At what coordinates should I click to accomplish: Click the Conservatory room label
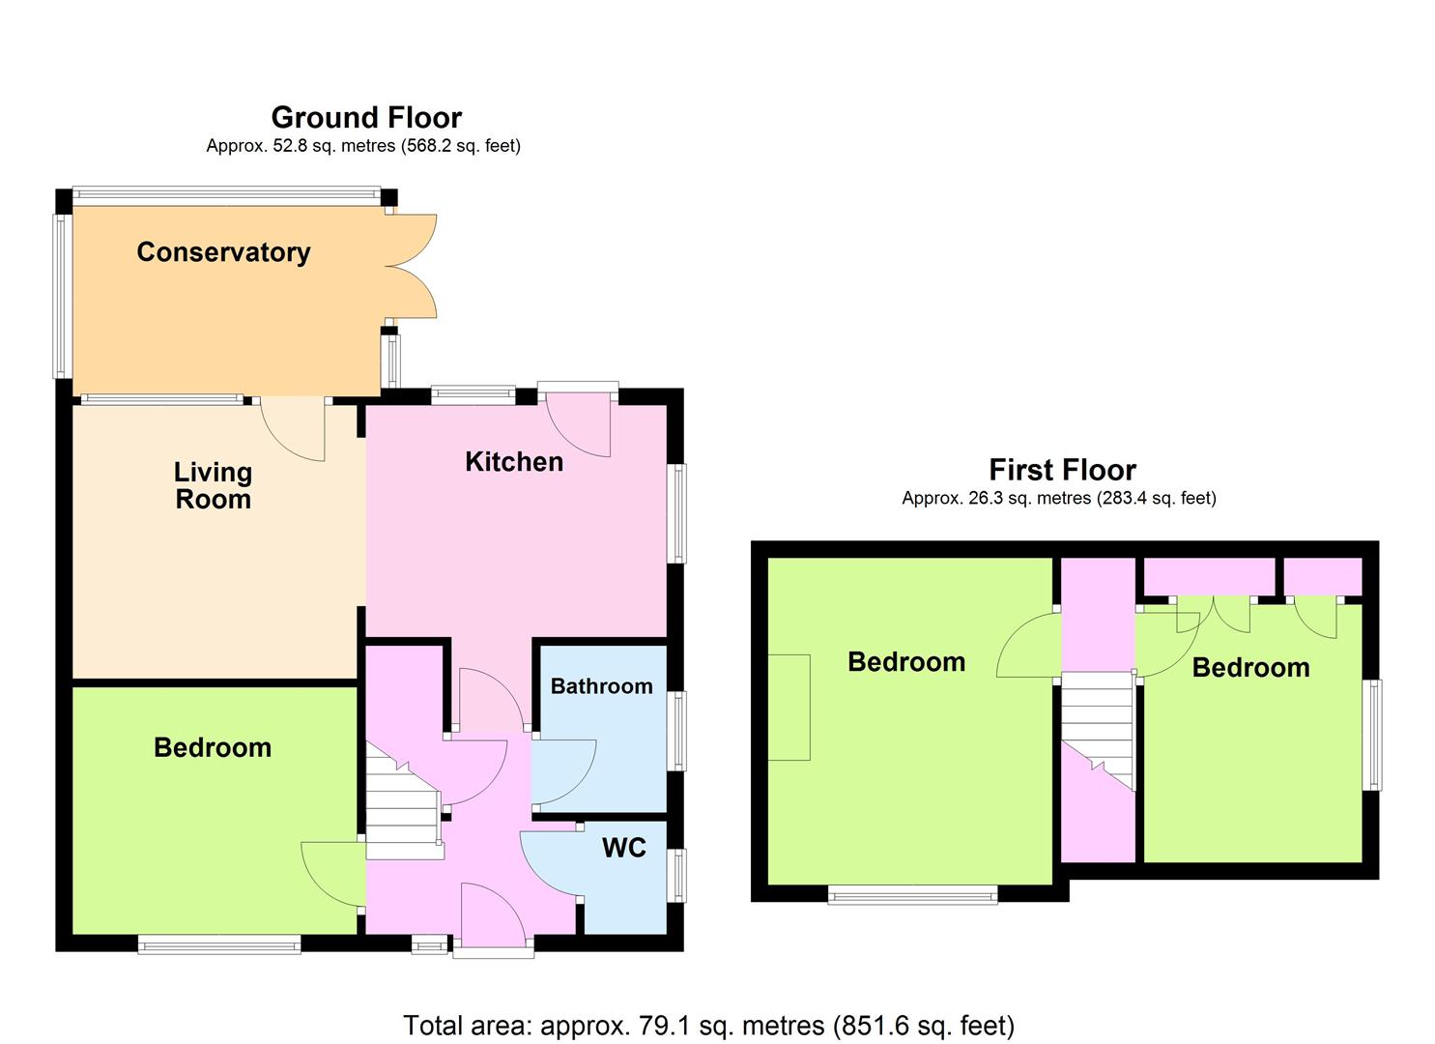(223, 252)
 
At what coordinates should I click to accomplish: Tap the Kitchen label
(514, 462)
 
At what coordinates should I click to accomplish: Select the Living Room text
(214, 486)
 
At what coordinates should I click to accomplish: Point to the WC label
(624, 848)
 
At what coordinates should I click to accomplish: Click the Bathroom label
(602, 685)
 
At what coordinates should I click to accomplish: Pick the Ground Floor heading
(366, 117)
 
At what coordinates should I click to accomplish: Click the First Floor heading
(1063, 470)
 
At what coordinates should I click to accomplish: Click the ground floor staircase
(404, 801)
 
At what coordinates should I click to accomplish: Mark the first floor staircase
(1098, 731)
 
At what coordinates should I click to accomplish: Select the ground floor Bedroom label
(213, 748)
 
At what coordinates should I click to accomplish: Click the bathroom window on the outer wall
(675, 730)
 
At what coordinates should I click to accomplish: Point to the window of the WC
(675, 876)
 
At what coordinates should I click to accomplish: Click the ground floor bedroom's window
(219, 944)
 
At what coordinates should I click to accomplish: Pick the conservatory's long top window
(226, 195)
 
